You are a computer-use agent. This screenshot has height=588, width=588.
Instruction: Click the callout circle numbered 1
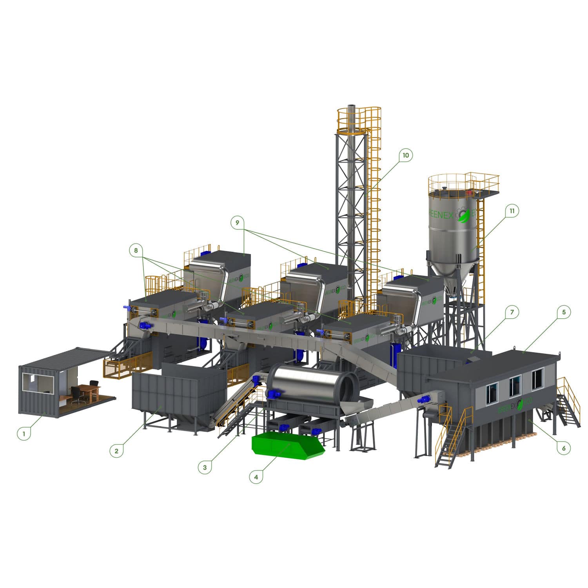pyautogui.click(x=24, y=434)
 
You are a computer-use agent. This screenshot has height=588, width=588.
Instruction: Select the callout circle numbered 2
pyautogui.click(x=116, y=451)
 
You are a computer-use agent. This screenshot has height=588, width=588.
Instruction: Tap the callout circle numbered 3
pyautogui.click(x=205, y=467)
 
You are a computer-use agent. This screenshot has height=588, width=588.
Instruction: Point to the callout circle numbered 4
pyautogui.click(x=256, y=477)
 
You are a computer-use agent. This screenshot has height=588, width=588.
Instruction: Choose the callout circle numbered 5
pyautogui.click(x=564, y=312)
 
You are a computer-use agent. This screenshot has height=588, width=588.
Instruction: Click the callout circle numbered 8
pyautogui.click(x=136, y=250)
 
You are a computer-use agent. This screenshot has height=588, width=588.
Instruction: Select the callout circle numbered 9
pyautogui.click(x=238, y=222)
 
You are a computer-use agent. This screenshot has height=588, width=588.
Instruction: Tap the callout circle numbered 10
pyautogui.click(x=405, y=155)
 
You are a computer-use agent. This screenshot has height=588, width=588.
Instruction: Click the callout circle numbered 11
pyautogui.click(x=512, y=211)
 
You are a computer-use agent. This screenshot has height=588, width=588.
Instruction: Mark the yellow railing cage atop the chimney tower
pyautogui.click(x=359, y=118)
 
